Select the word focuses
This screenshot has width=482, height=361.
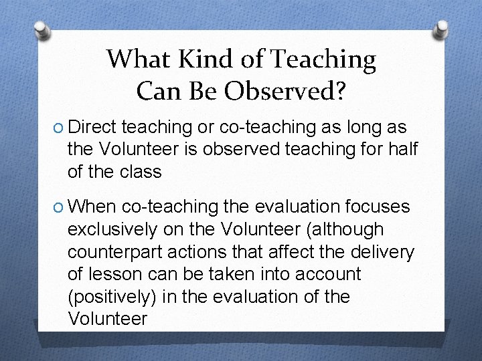pyautogui.click(x=380, y=208)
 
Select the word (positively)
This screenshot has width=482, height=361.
pyautogui.click(x=121, y=296)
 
